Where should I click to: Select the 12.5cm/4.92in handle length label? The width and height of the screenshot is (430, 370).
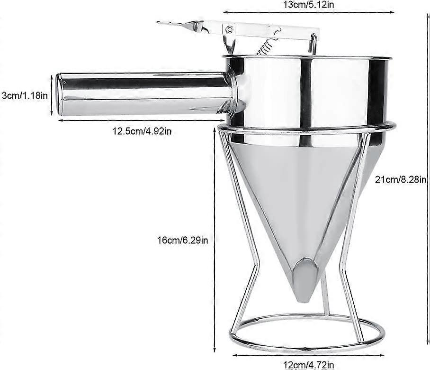click(142, 131)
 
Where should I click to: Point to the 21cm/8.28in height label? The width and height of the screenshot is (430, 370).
click(401, 179)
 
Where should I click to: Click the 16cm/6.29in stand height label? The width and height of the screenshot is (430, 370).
click(183, 240)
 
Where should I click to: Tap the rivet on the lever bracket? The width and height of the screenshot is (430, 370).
click(230, 29)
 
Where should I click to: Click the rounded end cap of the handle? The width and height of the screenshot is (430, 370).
click(61, 94)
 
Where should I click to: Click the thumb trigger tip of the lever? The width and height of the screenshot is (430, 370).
click(166, 23)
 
